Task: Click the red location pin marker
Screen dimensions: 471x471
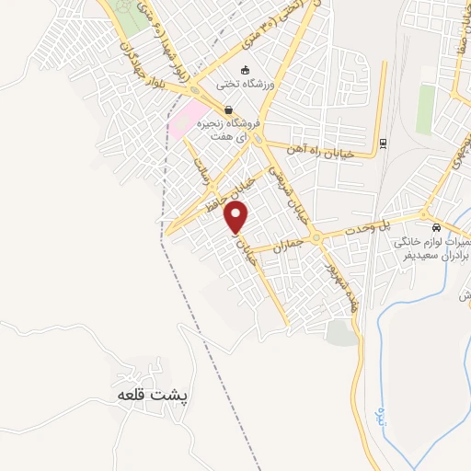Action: [237, 218]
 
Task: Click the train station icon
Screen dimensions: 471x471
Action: [382, 143]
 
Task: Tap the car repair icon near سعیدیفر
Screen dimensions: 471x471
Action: [436, 227]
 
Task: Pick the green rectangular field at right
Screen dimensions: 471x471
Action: [426, 109]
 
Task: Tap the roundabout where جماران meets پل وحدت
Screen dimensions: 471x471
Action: [316, 237]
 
